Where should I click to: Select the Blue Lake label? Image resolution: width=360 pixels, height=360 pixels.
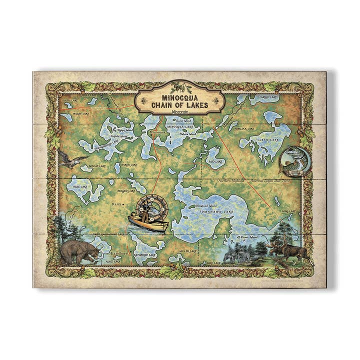click(x=80, y=186)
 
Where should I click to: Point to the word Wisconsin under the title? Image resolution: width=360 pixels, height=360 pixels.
click(x=174, y=113)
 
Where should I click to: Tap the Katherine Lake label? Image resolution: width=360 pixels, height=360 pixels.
click(x=144, y=254)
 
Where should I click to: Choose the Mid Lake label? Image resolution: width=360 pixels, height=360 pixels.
click(x=215, y=161)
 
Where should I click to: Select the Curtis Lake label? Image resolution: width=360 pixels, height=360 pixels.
click(x=70, y=100)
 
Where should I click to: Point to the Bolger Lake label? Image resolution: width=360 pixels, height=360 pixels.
click(x=126, y=190)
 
